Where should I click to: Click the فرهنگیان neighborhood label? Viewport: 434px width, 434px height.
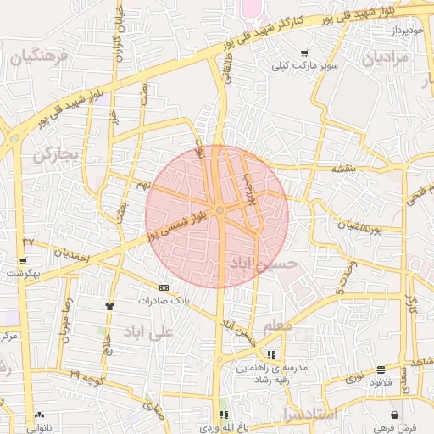coord(36,58)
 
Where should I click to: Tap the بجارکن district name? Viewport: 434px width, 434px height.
coord(56,155)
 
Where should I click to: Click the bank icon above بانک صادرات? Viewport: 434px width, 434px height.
coord(164,287)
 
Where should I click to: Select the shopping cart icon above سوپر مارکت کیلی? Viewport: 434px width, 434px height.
coord(304,53)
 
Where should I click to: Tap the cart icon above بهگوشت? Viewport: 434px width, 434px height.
coord(22,261)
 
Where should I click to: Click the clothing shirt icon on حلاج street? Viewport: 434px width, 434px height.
coord(109,305)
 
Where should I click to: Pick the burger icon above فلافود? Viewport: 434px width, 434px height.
coord(381,370)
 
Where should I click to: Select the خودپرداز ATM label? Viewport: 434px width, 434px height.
coord(406,31)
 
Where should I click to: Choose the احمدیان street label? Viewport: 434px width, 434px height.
coord(70,253)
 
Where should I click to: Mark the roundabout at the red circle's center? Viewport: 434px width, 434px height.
coord(220,209)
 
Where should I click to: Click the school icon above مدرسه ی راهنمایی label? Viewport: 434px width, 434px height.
coord(271,355)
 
